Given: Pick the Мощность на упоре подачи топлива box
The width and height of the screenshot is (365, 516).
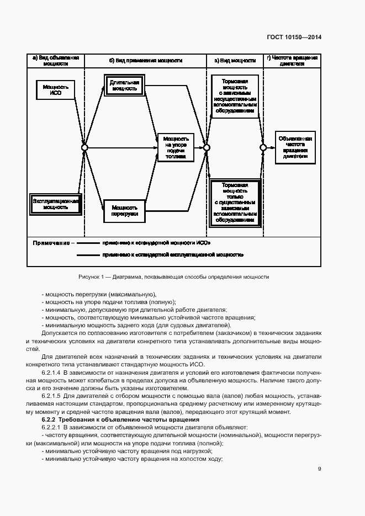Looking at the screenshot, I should click(176, 148).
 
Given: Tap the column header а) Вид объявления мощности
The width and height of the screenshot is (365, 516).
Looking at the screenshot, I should click(55, 61).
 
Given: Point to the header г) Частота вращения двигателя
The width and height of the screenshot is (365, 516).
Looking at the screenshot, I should click(292, 61).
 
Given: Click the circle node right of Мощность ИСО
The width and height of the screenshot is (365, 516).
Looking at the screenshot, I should click(84, 147).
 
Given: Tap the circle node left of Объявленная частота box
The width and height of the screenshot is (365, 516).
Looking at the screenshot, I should click(263, 147).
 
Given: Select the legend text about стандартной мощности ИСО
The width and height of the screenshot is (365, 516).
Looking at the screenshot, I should click(156, 243).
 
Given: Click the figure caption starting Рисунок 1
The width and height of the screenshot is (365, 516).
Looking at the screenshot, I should click(174, 276).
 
